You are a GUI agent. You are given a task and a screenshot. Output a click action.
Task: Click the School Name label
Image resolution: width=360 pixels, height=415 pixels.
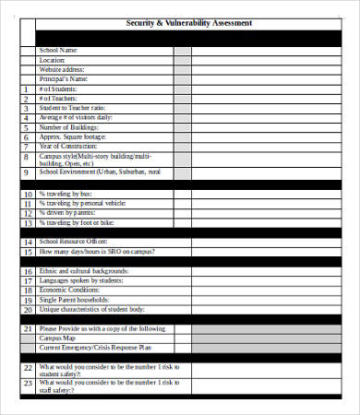coord(58,50)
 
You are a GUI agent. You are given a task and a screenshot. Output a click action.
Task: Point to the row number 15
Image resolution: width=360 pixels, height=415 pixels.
coord(27,251)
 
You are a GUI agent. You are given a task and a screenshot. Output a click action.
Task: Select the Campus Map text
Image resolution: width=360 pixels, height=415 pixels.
coord(58,338)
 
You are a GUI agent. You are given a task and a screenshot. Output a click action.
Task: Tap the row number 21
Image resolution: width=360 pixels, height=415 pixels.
coord(27,328)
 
